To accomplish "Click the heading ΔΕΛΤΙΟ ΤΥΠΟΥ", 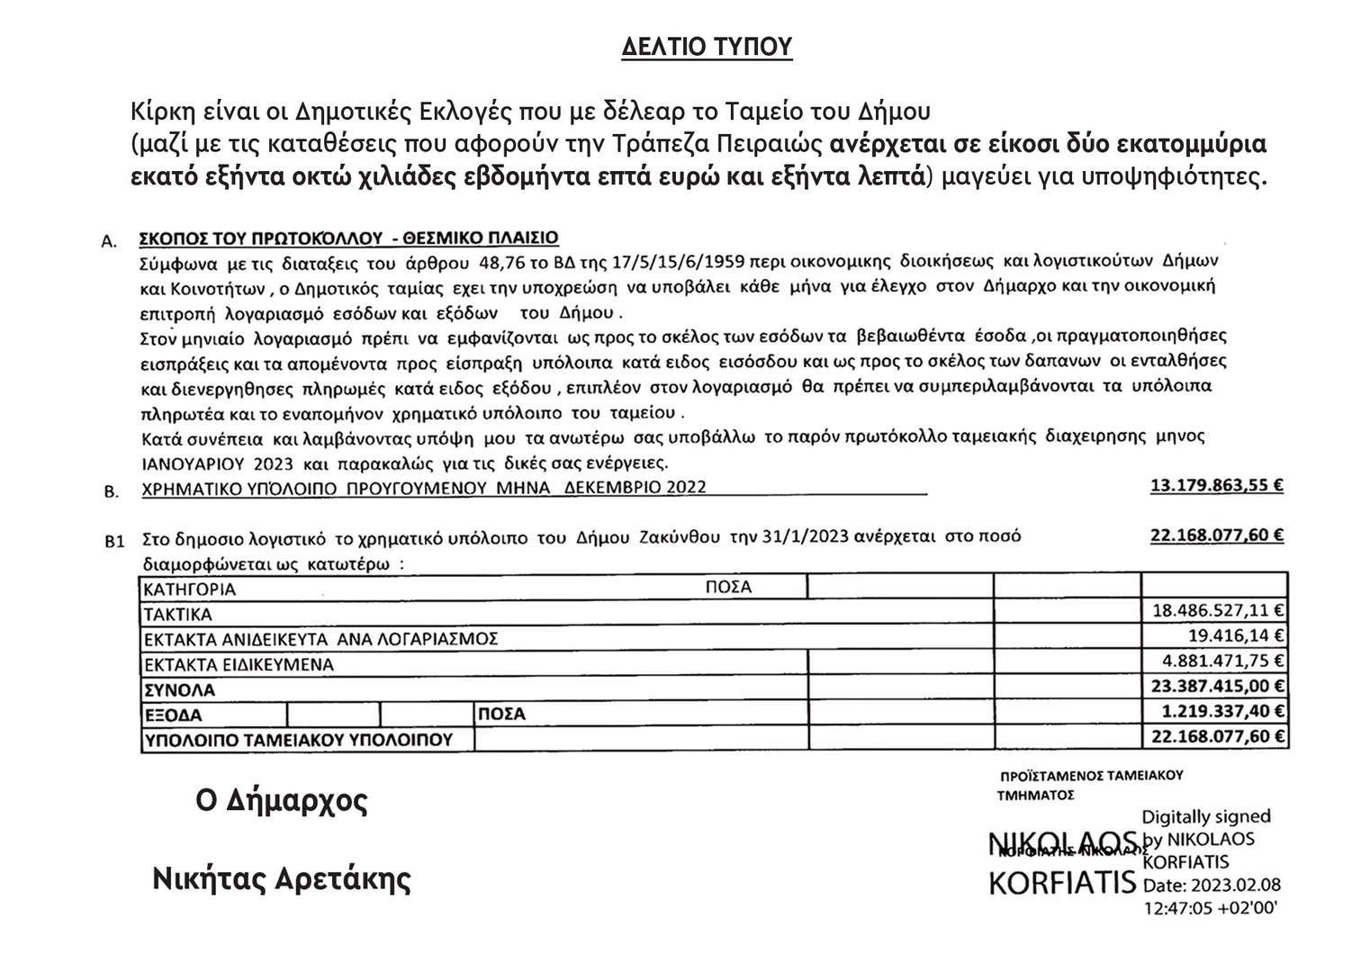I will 707,48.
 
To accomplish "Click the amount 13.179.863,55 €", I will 1217,486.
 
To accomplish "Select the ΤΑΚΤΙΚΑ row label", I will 178,615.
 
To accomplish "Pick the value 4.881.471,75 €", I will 1223,660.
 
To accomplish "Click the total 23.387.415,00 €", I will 1218,686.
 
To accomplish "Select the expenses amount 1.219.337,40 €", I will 1222,711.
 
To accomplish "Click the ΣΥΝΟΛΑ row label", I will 180,690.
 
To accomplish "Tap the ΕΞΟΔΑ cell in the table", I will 173,715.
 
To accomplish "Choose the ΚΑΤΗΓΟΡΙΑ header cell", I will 190,589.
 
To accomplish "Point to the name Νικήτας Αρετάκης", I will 282,877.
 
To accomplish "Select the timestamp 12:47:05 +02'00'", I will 1210,907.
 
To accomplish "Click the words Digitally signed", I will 1206,817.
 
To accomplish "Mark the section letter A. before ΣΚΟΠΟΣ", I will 111,241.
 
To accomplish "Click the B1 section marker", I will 114,542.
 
